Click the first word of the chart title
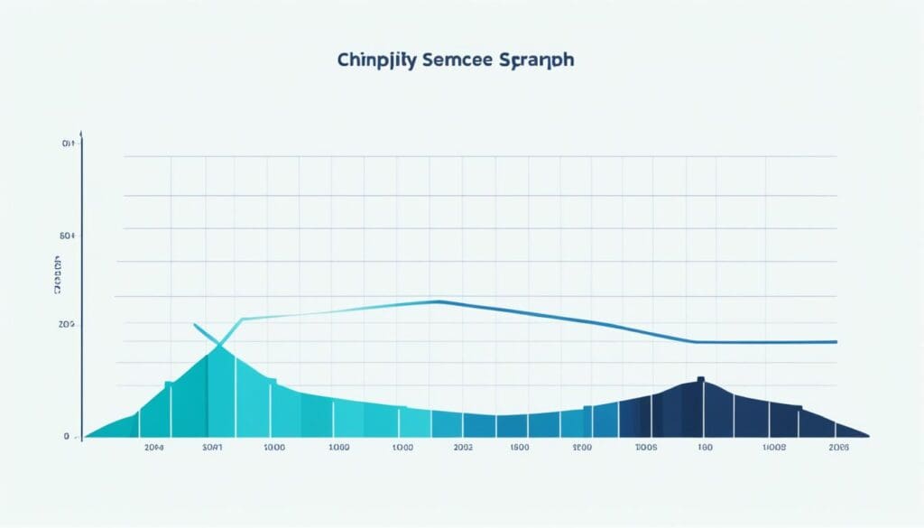point(371,60)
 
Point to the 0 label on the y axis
point(66,436)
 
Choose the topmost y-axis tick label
point(66,144)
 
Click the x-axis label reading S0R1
point(213,447)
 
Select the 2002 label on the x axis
point(463,447)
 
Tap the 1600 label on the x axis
point(519,447)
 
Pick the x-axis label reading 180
point(705,447)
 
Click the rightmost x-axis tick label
point(840,447)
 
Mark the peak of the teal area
point(219,347)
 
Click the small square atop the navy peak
point(700,379)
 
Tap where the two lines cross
point(219,344)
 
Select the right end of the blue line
point(836,342)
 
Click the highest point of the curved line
point(437,301)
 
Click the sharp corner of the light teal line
point(242,320)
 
